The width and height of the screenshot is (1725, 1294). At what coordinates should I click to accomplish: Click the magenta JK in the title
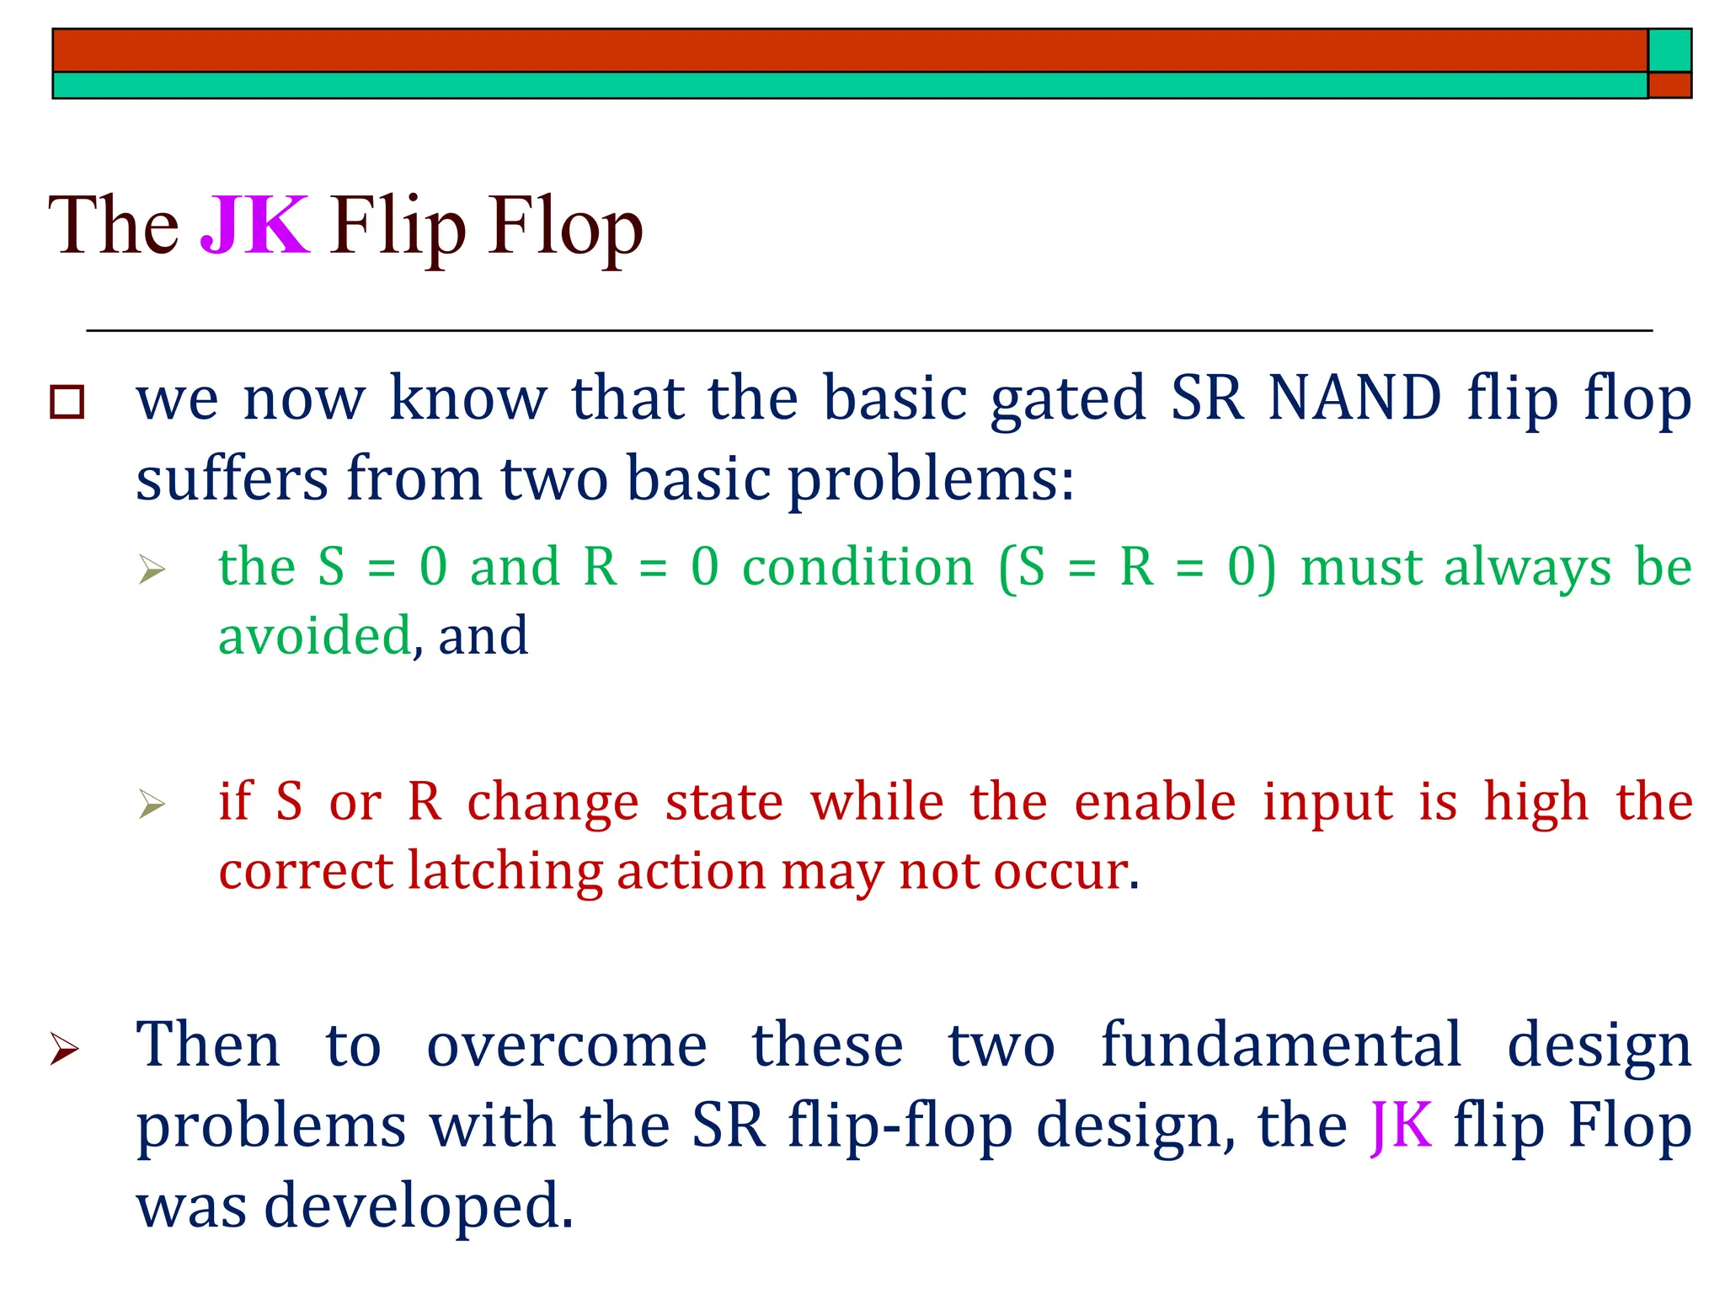tap(254, 226)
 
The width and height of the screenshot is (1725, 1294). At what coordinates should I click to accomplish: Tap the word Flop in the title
tap(565, 226)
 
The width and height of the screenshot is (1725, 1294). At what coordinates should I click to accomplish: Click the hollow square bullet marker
tap(67, 402)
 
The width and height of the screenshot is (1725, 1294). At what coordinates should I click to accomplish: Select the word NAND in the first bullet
tap(1354, 398)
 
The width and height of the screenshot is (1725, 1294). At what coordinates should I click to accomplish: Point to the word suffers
tap(231, 479)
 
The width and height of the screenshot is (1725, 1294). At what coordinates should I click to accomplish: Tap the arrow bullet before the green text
tap(152, 569)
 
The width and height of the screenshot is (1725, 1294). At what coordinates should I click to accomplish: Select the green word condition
tap(857, 567)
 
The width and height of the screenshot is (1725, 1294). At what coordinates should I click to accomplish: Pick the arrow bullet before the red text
tap(152, 805)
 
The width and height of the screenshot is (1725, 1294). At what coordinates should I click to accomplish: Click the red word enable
tap(1155, 801)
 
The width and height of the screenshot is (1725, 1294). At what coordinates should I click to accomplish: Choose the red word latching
tap(505, 870)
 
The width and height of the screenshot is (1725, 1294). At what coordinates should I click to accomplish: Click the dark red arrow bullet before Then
tap(65, 1049)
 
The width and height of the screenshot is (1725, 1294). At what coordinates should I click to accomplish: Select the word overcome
tap(567, 1045)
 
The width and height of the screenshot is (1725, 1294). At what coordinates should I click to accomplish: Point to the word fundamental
tap(1280, 1045)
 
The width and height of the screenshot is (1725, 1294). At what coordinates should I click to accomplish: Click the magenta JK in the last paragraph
tap(1401, 1126)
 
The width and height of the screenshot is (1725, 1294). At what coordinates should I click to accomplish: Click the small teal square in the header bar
tap(1669, 51)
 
